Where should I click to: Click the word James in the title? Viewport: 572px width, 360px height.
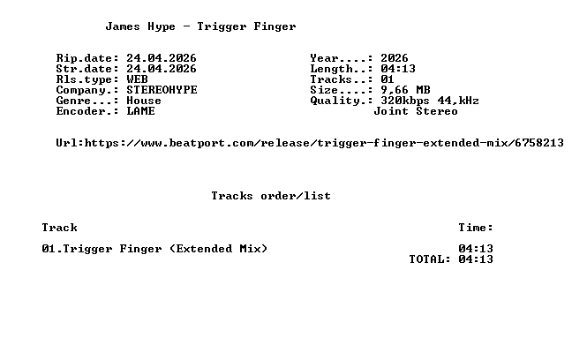coord(123,26)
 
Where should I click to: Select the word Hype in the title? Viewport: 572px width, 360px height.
coord(162,27)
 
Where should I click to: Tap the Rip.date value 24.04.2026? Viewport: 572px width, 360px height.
coord(162,58)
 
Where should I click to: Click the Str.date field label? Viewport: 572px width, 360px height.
coord(87,69)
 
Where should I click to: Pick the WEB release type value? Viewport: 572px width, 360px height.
coord(137,79)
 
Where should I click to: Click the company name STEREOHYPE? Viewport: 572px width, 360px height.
coord(162,90)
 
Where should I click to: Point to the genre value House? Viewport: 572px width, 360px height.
coord(144,101)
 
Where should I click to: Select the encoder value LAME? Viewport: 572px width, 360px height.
coord(140,111)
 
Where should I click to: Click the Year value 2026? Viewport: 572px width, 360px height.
coord(395,58)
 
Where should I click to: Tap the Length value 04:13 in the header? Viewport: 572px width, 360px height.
coord(398,69)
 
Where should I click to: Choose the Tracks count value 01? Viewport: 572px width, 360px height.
coord(388,79)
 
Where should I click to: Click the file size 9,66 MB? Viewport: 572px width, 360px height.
coord(405,90)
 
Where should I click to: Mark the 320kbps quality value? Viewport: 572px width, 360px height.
coord(405,101)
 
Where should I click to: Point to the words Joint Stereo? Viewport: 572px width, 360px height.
coord(416,111)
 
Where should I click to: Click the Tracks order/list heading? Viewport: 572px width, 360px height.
coord(271,196)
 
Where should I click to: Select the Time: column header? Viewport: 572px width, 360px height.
coord(476,228)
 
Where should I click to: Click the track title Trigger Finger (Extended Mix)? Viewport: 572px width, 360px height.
coord(165,249)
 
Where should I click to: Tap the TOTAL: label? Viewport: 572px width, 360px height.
coord(430,259)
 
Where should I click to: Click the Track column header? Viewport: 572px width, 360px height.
coord(59,228)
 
